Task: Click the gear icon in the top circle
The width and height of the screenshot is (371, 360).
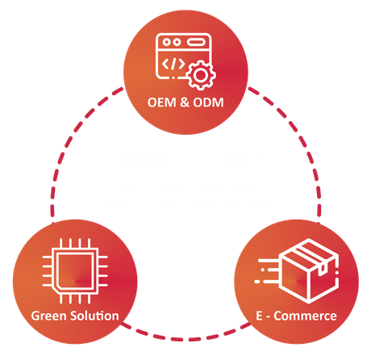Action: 201,76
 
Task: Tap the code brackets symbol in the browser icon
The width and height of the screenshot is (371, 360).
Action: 173,64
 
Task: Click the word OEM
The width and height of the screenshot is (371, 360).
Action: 161,103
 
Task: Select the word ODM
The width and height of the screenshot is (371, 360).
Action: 208,103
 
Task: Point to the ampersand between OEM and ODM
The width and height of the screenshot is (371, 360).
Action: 184,103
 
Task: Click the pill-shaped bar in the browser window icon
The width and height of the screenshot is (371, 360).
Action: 196,42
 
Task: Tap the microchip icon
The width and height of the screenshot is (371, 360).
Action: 75,271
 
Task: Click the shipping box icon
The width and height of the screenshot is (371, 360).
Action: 309,271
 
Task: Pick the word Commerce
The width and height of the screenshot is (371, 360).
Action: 305,316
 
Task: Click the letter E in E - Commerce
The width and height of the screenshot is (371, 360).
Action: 259,316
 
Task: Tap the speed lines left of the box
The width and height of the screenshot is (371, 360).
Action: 267,271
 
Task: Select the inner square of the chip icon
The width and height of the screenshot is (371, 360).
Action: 76,271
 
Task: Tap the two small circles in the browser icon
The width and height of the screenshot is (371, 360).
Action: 172,42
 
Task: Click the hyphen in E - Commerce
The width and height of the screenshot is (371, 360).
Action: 268,316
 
